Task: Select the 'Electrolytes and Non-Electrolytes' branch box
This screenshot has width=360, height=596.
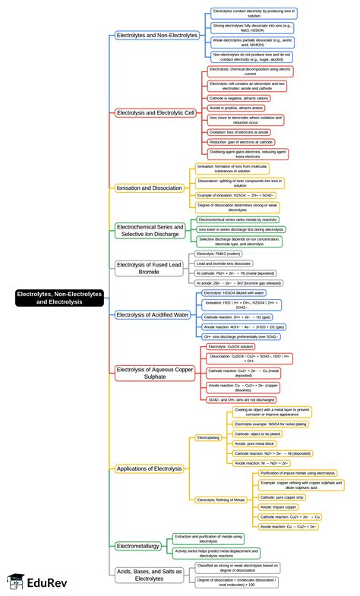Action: point(157,35)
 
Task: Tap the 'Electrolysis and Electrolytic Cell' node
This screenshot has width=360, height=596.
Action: point(156,112)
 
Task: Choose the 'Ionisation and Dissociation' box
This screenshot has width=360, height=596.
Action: point(150,188)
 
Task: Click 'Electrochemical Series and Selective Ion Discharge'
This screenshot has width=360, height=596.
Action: point(150,230)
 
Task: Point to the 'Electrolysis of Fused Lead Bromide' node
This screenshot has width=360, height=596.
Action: point(149,266)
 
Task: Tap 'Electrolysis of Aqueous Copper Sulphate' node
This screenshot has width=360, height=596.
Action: point(154,373)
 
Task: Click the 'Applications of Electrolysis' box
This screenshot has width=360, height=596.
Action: point(149,468)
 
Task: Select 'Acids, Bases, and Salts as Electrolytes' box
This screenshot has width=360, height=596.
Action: point(150,574)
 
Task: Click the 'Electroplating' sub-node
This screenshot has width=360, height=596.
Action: point(208,438)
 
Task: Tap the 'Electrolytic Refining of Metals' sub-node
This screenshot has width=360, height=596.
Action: point(220,500)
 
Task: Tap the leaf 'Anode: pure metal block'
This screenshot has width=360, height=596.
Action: point(254,443)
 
